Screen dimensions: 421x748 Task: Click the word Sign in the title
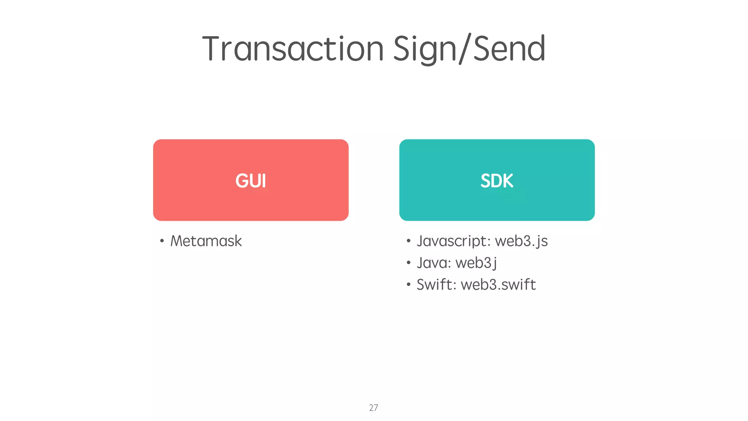(424, 49)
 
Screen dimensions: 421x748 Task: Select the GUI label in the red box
(251, 181)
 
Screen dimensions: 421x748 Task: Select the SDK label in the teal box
(497, 181)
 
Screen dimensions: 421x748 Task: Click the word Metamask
(206, 241)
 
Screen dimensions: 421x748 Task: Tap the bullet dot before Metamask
(162, 241)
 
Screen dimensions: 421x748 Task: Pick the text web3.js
(521, 241)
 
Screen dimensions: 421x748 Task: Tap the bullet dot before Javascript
(408, 241)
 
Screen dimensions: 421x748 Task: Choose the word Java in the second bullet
(432, 263)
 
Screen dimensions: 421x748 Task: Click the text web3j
(476, 263)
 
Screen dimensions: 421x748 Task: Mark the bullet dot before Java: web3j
(408, 263)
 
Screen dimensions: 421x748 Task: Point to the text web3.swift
(498, 284)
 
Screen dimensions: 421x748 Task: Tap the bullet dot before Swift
(408, 284)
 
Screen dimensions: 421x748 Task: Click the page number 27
(373, 408)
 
